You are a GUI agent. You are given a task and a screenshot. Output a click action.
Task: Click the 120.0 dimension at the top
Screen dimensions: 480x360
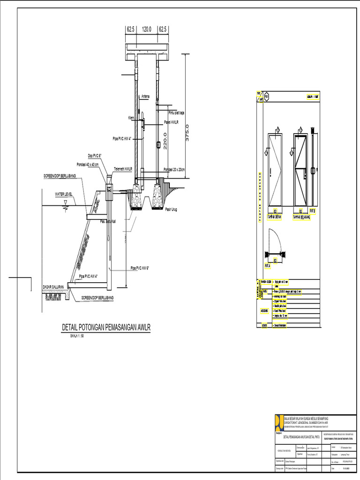[x=147, y=29]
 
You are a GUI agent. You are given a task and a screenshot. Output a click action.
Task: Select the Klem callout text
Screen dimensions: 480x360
[x=131, y=118]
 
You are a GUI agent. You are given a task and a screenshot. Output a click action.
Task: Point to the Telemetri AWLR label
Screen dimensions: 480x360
[x=123, y=168]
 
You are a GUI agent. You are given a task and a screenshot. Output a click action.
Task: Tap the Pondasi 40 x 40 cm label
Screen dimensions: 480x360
[x=90, y=164]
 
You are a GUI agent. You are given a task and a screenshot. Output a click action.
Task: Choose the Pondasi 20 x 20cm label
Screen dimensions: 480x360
[x=175, y=169]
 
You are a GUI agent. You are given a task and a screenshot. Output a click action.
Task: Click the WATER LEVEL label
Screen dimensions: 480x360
[x=65, y=194]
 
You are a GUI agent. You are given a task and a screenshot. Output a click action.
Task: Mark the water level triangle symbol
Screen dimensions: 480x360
[x=66, y=202]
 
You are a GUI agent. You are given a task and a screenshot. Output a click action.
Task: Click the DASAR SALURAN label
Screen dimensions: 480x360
[x=53, y=286]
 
